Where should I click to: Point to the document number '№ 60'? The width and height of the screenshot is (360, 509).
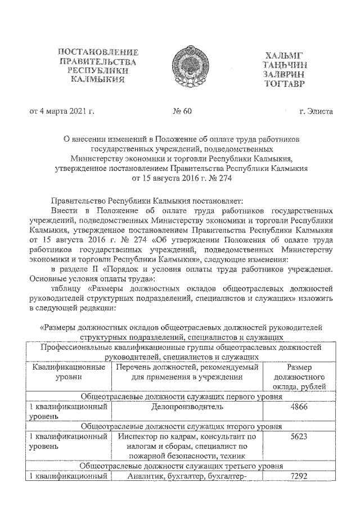tap(182, 111)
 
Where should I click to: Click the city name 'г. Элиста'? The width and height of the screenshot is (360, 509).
tap(316, 111)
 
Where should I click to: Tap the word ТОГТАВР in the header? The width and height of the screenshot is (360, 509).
tap(283, 84)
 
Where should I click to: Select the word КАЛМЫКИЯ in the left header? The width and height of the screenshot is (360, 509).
tap(101, 80)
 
